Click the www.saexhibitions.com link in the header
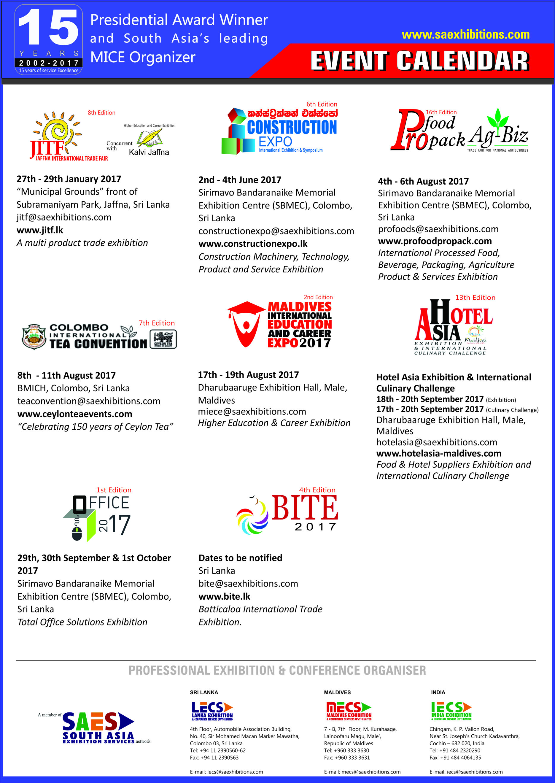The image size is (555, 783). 465,35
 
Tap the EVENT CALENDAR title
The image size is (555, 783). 420,61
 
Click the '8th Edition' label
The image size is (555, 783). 101,113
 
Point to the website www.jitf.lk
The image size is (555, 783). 40,230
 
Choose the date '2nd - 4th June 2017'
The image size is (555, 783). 240,180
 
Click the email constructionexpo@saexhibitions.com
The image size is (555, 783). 276,231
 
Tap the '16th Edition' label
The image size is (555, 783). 441,112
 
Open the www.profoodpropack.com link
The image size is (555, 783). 435,241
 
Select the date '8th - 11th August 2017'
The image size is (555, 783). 67,375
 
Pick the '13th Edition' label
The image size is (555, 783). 475,298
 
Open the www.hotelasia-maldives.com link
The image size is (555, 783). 439,453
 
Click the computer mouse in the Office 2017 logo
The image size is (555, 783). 77,533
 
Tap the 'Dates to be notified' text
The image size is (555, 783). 240,558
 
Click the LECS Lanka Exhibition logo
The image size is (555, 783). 212,711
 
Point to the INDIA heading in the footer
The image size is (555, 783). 438,693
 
